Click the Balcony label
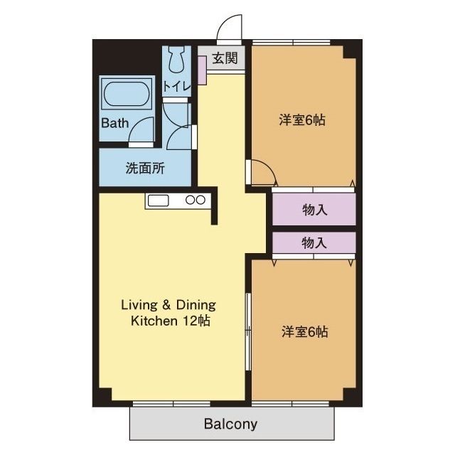(230, 424)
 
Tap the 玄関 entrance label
(225, 58)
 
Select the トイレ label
(177, 86)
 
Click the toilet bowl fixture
(176, 60)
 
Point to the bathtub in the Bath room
(127, 94)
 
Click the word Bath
(115, 123)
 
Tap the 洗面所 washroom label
(145, 168)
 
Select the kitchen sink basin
(158, 200)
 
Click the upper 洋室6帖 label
(302, 120)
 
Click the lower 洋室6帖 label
(305, 331)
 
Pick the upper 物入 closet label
(315, 210)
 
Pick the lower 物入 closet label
(314, 242)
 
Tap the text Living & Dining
(168, 305)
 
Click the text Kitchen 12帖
(171, 321)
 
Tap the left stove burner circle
(190, 200)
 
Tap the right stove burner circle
(200, 200)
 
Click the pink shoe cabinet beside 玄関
(202, 70)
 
